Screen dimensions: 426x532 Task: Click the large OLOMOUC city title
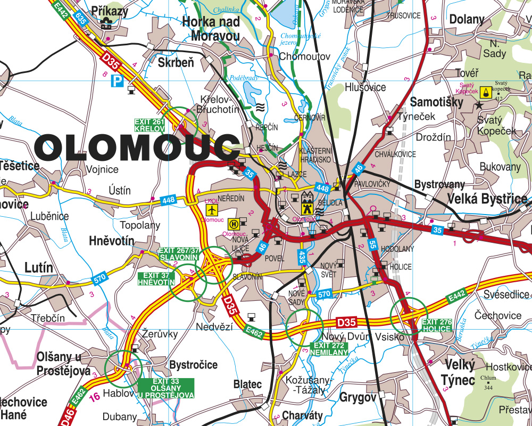point(139,148)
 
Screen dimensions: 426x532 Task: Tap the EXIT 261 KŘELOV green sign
point(149,125)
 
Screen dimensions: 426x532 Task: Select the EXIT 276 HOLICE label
point(437,325)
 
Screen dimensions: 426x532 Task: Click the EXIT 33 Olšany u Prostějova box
point(166,388)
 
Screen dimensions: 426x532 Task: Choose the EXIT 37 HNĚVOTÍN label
point(156,278)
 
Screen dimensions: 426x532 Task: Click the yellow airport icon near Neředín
point(212,210)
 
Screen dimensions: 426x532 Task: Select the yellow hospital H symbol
point(232,224)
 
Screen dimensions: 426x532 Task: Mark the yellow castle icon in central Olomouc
point(307,202)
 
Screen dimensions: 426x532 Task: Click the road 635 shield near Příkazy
point(81,18)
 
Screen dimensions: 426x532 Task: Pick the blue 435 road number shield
point(302,257)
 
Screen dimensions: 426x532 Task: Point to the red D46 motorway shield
point(66,416)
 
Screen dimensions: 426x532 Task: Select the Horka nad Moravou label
point(211,29)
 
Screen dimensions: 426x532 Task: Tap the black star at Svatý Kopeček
point(479,105)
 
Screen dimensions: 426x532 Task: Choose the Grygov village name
point(358,397)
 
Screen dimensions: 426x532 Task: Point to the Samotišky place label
point(437,102)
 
